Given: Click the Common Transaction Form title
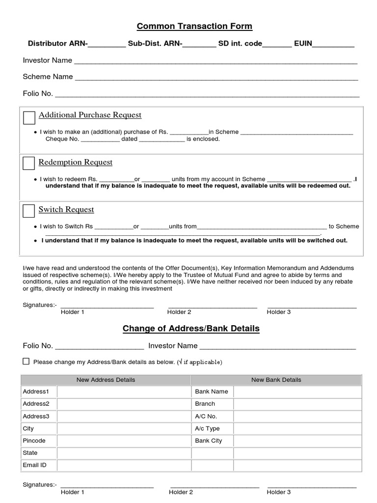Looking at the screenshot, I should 194,26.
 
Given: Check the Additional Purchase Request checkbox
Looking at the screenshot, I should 29,118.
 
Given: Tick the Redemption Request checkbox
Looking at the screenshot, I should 29,164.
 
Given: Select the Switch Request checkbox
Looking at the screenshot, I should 29,211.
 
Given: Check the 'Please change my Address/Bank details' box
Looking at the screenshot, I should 26,362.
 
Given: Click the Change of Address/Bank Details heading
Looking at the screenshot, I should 191,328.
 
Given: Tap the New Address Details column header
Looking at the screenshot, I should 106,380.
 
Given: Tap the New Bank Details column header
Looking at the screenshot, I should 276,380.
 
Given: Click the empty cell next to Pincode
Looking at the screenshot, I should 124,441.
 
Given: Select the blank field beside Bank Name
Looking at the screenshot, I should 297,391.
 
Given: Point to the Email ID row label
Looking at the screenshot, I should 34,465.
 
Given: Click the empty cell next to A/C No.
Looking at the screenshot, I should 297,416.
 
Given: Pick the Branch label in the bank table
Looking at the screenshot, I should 205,404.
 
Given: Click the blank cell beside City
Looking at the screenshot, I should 124,428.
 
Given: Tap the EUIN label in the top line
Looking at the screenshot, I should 303,44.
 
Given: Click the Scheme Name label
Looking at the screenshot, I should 48,77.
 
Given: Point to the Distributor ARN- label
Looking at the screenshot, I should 57,44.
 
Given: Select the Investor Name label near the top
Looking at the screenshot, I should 47,60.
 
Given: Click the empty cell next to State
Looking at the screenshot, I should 124,452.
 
